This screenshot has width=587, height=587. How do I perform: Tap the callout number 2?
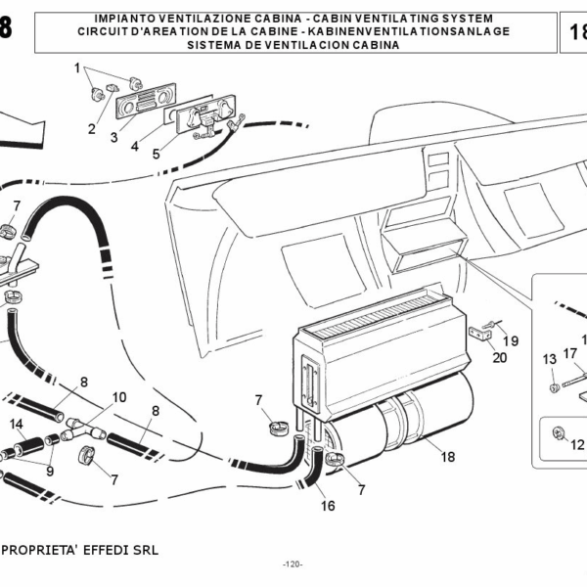[x=91, y=128]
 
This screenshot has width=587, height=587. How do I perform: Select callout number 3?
[x=113, y=138]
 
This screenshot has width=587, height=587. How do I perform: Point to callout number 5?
[x=156, y=154]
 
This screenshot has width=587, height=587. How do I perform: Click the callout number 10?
[x=119, y=398]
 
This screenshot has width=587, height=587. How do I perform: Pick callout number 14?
[x=16, y=424]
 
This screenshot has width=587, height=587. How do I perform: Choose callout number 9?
[x=50, y=470]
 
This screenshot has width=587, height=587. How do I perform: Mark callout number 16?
[x=328, y=506]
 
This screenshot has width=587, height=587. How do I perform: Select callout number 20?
[x=500, y=357]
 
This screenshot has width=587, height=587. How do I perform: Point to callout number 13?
[x=549, y=358]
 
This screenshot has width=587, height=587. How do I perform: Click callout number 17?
[x=570, y=353]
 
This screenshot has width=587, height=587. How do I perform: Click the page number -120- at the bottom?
[x=293, y=564]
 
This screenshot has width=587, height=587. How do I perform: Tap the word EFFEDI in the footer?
[x=106, y=551]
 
